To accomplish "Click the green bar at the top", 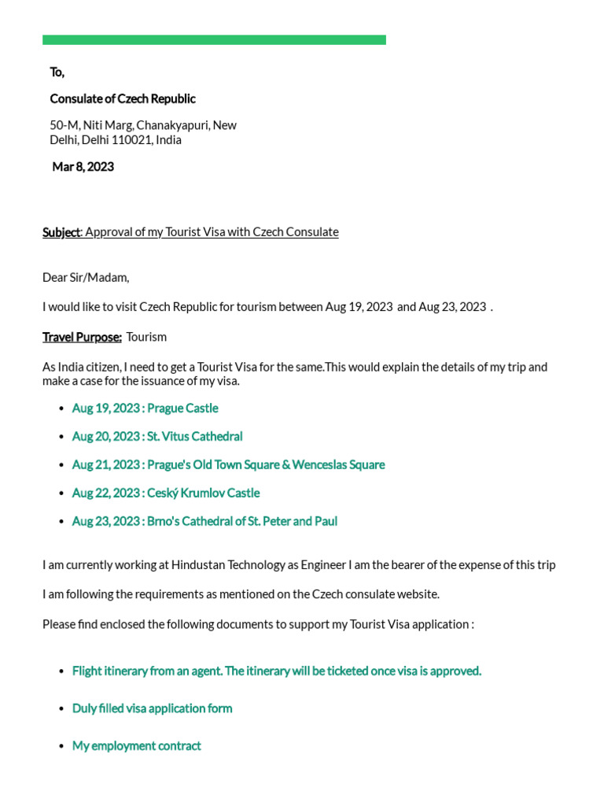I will pos(214,39).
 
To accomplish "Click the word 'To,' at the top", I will pos(57,72).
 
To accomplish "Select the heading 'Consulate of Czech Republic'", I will pos(123,98).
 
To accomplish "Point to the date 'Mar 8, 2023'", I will pos(83,167).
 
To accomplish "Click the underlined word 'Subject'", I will pos(61,232).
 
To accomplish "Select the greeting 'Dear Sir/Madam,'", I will pos(86,277).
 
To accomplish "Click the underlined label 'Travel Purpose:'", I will pos(82,337).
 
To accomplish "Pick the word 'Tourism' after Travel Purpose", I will pos(146,337).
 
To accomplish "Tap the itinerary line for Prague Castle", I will pos(145,409).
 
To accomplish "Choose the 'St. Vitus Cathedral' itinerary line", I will pos(157,437).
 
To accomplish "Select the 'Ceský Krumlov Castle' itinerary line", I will pos(165,494).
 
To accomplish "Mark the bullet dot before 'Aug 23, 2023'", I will pos(61,522).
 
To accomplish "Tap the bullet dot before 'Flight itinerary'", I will pos(61,671).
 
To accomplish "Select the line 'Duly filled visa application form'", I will pos(152,708).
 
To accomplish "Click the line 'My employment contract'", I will pos(137,746).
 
